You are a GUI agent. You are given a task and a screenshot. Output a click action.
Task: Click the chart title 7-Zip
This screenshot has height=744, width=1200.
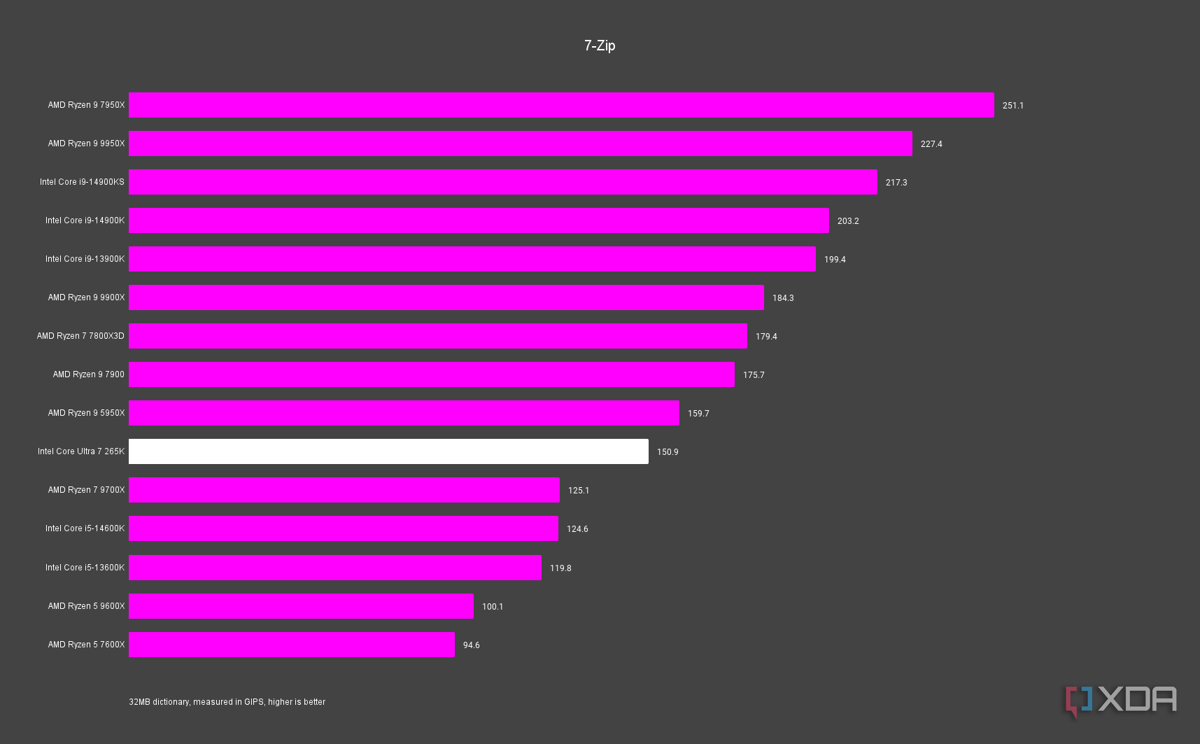[x=600, y=45]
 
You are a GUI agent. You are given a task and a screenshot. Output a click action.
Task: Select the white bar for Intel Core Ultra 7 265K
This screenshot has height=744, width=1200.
[x=388, y=451]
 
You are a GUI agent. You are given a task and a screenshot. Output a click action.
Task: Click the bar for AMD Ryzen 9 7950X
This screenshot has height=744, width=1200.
[x=561, y=105]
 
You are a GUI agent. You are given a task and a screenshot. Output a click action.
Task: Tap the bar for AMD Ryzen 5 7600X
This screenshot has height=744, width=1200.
[x=291, y=645]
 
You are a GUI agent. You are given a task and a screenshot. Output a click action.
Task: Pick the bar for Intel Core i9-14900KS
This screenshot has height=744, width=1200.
[x=502, y=182]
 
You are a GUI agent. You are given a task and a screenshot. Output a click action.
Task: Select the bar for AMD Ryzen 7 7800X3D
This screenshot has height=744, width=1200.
[x=437, y=336]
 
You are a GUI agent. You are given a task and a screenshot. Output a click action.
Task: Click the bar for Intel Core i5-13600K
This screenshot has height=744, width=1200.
[x=334, y=568]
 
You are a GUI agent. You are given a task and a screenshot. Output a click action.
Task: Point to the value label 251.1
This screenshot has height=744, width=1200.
[x=1012, y=106]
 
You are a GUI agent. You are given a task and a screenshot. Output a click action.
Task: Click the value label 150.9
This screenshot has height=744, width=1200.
[x=668, y=452]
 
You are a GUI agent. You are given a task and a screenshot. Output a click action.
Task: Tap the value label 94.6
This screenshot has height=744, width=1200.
[x=471, y=645]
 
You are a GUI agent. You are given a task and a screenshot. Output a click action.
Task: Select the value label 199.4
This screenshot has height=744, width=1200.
[x=835, y=260]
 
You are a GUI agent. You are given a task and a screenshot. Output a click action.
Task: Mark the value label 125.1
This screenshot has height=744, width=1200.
[x=579, y=491]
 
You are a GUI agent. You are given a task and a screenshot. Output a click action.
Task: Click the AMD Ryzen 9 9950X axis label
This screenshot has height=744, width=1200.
[x=86, y=143]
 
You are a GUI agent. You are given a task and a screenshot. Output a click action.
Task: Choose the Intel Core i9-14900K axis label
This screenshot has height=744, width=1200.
[x=85, y=220]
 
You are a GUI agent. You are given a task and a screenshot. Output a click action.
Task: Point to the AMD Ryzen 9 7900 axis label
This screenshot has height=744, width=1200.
[x=88, y=374]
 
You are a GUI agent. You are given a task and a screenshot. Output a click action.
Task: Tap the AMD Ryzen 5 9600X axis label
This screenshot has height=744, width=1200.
[x=86, y=606]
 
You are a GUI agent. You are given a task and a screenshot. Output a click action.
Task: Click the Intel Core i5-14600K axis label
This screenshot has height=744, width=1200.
[x=85, y=528]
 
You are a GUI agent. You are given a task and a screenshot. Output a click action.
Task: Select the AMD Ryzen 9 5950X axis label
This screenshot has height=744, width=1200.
[x=86, y=413]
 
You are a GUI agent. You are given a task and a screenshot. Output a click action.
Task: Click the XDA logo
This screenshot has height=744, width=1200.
[x=1121, y=701]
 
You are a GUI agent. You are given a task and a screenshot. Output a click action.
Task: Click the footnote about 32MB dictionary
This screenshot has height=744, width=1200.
[x=227, y=702]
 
